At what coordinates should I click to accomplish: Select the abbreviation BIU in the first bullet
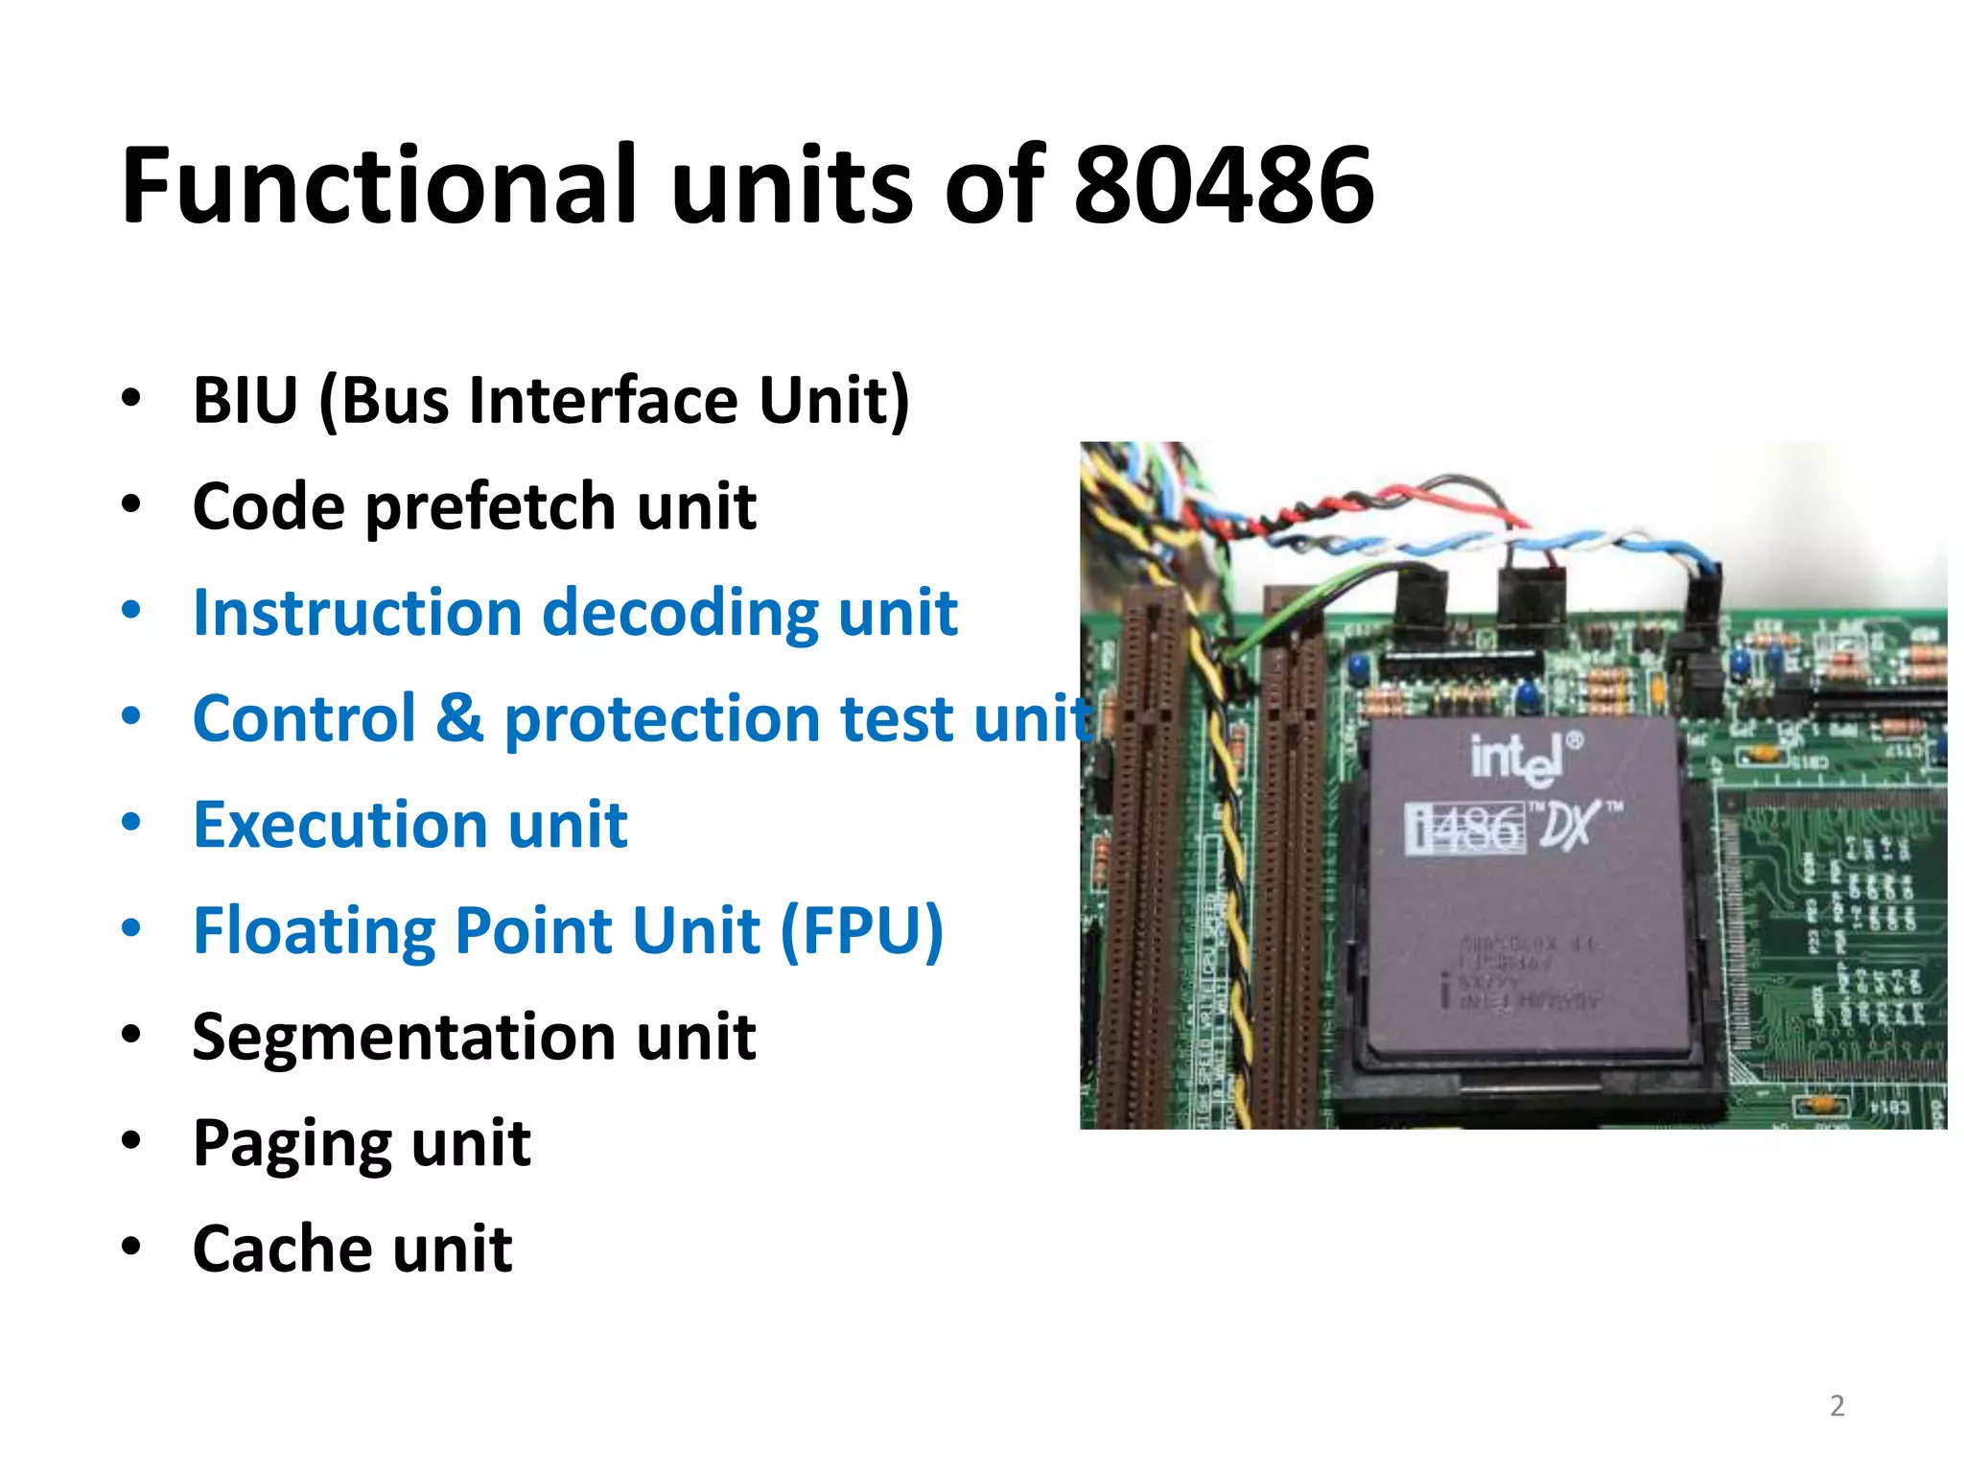click(x=245, y=400)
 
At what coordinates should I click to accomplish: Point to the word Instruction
click(x=357, y=613)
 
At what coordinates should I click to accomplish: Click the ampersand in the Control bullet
click(x=460, y=718)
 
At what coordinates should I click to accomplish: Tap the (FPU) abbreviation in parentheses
click(x=861, y=931)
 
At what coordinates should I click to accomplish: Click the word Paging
click(x=292, y=1144)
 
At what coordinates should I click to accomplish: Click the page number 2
click(x=1836, y=1406)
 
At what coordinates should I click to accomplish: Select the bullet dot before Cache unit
click(x=131, y=1247)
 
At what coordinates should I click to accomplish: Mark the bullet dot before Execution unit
click(x=131, y=823)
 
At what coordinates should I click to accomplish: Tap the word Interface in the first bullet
click(x=603, y=400)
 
